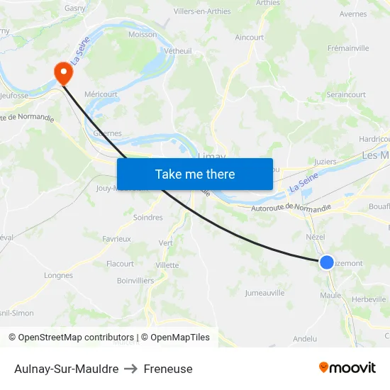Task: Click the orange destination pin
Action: (63, 72)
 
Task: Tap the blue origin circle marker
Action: (326, 262)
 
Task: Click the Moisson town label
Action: (143, 34)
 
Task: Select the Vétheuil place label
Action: (178, 51)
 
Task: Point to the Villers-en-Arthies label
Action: (202, 11)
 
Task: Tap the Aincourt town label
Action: (249, 38)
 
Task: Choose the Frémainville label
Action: (348, 48)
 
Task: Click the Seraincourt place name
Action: (346, 94)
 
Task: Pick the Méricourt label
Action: (101, 94)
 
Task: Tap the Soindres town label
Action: (147, 218)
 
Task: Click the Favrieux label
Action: (116, 239)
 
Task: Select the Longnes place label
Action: (58, 276)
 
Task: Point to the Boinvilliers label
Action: (135, 281)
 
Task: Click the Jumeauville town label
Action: (264, 292)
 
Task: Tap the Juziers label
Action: (325, 162)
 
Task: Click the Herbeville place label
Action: (369, 299)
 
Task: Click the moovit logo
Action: (347, 367)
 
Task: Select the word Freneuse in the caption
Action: (168, 369)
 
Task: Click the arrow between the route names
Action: (131, 369)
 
